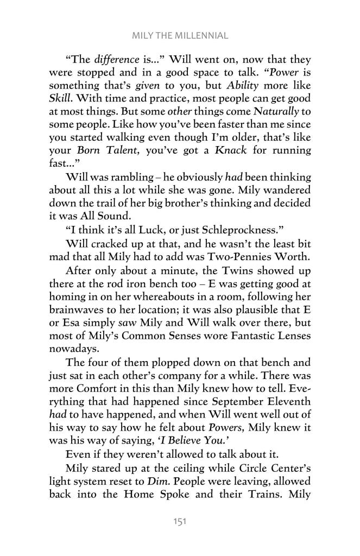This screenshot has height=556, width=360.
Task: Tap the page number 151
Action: (180, 521)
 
